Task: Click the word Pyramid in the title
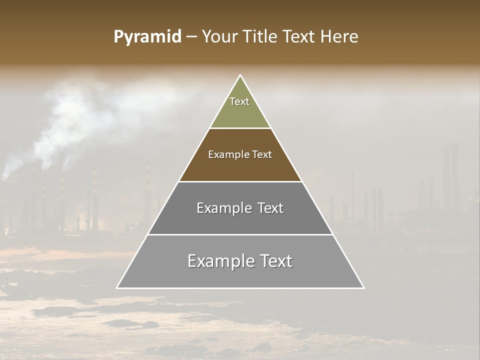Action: tap(147, 37)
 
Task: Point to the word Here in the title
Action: tap(339, 36)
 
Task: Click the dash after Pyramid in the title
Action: tap(191, 37)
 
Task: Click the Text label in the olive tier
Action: tap(239, 101)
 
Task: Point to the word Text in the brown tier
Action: tap(262, 154)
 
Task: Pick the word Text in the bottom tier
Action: tap(274, 261)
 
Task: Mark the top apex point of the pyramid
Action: tap(240, 75)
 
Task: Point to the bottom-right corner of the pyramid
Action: tap(363, 287)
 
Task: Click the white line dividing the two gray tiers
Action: tap(240, 234)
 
